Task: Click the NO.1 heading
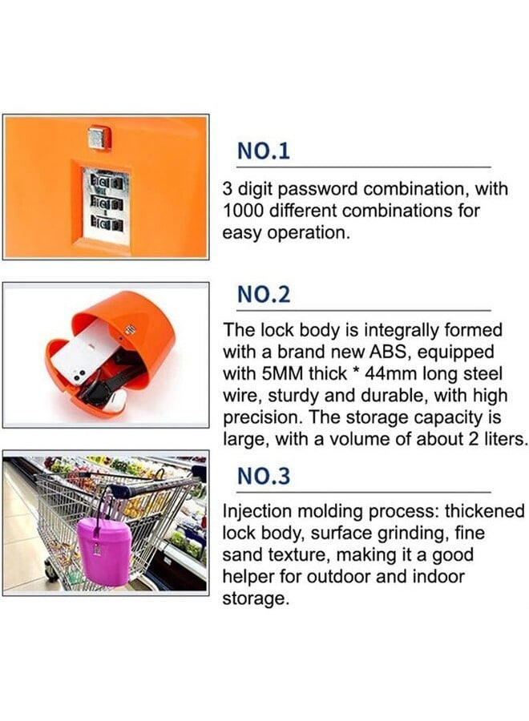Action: pyautogui.click(x=263, y=151)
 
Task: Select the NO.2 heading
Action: pyautogui.click(x=264, y=295)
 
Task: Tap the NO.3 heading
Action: pyautogui.click(x=264, y=476)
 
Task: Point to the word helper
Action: pyautogui.click(x=252, y=577)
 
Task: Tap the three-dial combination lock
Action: pyautogui.click(x=105, y=205)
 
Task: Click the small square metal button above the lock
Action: pyautogui.click(x=99, y=138)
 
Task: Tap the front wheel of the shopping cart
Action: pyautogui.click(x=52, y=571)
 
